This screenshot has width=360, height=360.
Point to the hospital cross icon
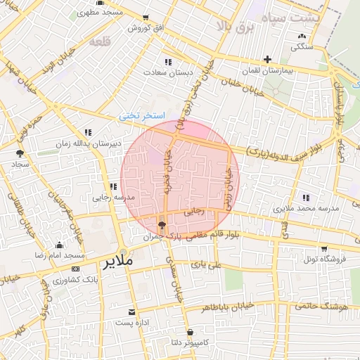(x=267, y=60)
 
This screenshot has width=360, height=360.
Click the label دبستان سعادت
(x=167, y=72)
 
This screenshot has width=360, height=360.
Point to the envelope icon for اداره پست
(x=131, y=311)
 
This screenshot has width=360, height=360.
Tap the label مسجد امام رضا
(x=62, y=255)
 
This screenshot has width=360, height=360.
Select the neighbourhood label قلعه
(x=101, y=42)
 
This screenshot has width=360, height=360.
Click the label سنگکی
(x=302, y=47)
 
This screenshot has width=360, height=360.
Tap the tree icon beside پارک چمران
(x=162, y=226)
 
